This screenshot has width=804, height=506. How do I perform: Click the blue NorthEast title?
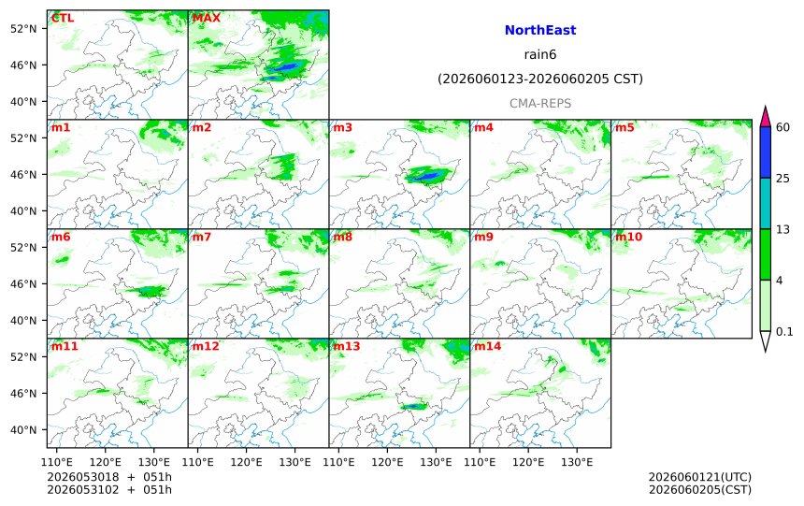pos(540,30)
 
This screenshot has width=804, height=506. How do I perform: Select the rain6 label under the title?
pos(540,54)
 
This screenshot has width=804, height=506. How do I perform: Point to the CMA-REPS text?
pos(540,103)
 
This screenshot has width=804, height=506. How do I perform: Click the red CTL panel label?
pos(62,18)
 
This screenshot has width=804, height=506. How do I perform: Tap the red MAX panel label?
pos(206,18)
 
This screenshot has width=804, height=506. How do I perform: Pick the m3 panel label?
pos(342,127)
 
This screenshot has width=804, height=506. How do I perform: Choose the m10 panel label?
pos(628,237)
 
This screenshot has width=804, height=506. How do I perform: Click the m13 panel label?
pos(347,346)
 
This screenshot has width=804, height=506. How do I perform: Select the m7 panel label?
pos(202,237)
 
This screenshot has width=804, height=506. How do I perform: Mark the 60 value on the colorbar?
pos(782,127)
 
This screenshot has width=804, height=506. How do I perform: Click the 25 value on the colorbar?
pos(782,178)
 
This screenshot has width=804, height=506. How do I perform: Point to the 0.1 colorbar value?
pos(784,331)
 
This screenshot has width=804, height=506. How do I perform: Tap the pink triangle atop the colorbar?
pos(765,117)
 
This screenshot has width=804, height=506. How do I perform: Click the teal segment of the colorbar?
pos(765,203)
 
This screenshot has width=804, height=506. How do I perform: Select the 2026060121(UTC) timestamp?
pos(700,477)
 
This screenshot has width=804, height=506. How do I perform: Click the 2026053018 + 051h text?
pos(109,477)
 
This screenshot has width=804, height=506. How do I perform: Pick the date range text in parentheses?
pos(540,79)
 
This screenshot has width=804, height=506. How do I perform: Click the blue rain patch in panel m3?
pos(424,176)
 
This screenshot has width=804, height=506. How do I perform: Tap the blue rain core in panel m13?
pos(413,407)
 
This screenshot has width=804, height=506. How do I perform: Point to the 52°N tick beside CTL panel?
pos(23,29)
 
